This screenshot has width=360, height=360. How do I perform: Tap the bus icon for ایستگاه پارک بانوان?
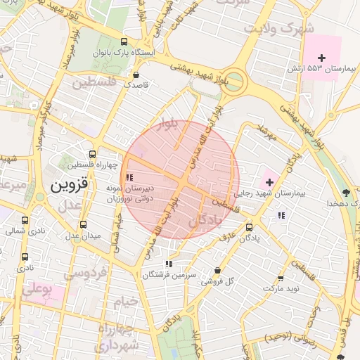tap(125, 42)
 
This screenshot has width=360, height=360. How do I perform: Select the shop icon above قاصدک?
tap(136, 74)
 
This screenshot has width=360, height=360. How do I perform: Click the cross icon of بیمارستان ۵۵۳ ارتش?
tap(322, 57)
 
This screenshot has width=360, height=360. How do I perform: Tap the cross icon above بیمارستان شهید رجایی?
tap(269, 182)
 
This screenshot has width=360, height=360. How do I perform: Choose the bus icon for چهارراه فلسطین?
tap(92, 154)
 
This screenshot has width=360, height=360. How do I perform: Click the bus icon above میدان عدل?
tap(84, 224)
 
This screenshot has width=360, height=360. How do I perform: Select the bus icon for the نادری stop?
tap(25, 257)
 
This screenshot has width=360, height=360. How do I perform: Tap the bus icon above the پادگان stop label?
tap(249, 227)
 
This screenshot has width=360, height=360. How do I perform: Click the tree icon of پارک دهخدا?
tap(345, 192)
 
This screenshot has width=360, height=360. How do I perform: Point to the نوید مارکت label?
tap(281, 288)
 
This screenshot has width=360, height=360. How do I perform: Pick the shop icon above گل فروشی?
tap(217, 271)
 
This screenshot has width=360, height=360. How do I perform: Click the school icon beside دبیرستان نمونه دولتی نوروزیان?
tap(128, 177)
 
